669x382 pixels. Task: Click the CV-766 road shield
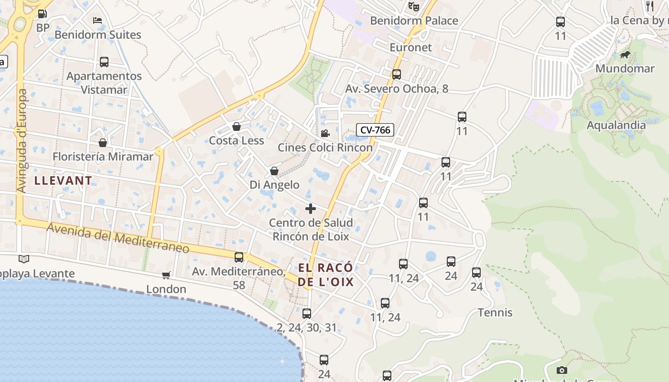tap(375, 130)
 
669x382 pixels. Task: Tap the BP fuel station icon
tap(42, 14)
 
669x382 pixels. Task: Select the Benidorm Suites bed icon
tap(97, 20)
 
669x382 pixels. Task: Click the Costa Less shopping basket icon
tap(236, 127)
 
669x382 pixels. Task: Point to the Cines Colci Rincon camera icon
tap(325, 133)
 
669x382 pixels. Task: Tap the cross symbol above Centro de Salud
tap(311, 209)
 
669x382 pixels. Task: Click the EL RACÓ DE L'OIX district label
tap(325, 275)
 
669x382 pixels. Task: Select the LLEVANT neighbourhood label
tap(63, 180)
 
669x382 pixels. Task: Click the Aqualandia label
tap(616, 125)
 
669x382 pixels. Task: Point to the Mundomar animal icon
tap(625, 55)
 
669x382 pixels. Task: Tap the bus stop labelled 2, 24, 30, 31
tap(307, 314)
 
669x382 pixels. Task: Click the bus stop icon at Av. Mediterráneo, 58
tap(239, 257)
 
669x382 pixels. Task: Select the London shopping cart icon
tap(166, 275)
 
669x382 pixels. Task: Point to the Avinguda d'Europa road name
tap(21, 141)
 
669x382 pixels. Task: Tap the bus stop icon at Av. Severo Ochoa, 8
tap(396, 74)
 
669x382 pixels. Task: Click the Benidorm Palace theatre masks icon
tap(413, 7)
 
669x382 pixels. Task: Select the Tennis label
tap(495, 313)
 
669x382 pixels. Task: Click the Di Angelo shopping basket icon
tap(274, 171)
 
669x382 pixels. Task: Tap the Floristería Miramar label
tap(103, 157)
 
